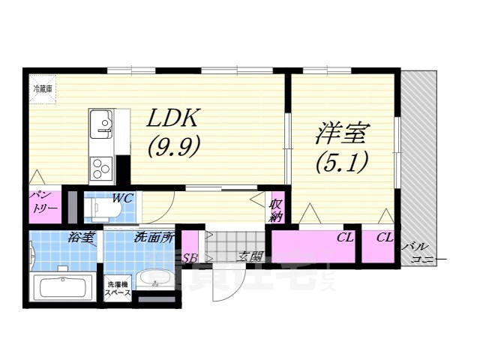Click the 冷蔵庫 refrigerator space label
[x=41, y=88]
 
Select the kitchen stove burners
[x=99, y=167]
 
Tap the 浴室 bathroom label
[x=79, y=238]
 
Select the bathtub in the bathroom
[x=64, y=289]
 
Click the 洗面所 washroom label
[x=153, y=238]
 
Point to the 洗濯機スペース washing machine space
[x=118, y=289]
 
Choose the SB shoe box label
[x=190, y=257]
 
